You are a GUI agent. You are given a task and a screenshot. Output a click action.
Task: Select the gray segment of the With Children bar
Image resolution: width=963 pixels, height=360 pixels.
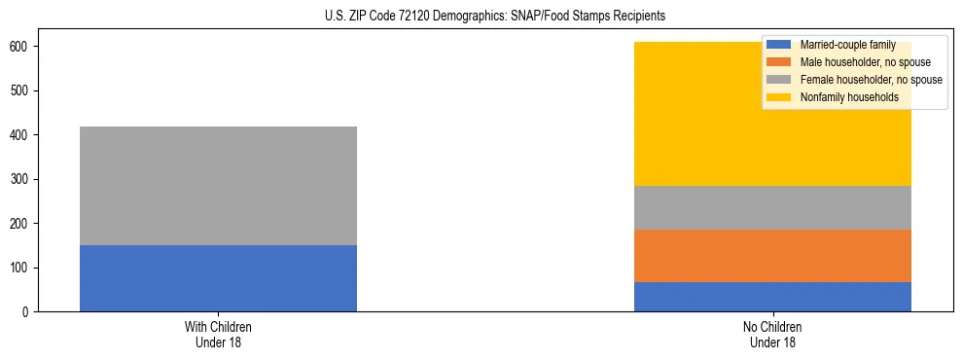click(x=218, y=186)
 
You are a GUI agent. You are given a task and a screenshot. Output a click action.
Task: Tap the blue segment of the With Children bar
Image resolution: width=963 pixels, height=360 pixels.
click(x=218, y=278)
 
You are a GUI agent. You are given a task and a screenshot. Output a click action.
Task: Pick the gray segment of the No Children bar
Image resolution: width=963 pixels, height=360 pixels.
click(x=772, y=207)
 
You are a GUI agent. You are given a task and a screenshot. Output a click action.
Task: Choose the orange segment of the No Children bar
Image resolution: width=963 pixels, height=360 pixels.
click(x=772, y=256)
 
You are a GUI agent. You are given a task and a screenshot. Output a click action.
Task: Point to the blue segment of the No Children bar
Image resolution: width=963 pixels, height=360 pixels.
click(x=772, y=297)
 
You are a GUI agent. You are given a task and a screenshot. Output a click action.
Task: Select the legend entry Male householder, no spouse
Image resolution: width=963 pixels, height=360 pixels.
click(x=865, y=62)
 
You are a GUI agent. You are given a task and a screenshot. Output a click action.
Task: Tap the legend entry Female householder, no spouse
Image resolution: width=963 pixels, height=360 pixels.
click(x=871, y=80)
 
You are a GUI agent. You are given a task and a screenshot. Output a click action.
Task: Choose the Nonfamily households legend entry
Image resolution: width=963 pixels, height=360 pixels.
click(x=849, y=97)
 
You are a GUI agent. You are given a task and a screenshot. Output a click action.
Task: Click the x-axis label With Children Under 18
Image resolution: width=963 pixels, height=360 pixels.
click(x=218, y=334)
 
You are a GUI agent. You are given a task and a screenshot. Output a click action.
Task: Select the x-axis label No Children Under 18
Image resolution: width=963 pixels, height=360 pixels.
click(x=772, y=334)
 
